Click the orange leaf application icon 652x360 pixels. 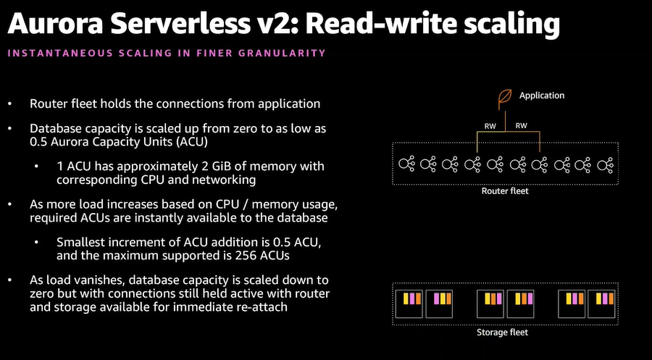(505, 99)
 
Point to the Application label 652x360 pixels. (542, 96)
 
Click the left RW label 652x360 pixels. (490, 126)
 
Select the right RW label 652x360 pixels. (521, 125)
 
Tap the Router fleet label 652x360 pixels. (505, 191)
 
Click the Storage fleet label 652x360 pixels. (502, 332)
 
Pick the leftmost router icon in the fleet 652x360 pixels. (406, 164)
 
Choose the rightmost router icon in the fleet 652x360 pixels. (605, 164)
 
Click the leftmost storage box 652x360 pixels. (409, 304)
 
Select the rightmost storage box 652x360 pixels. (601, 304)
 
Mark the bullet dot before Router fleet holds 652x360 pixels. (10, 104)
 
